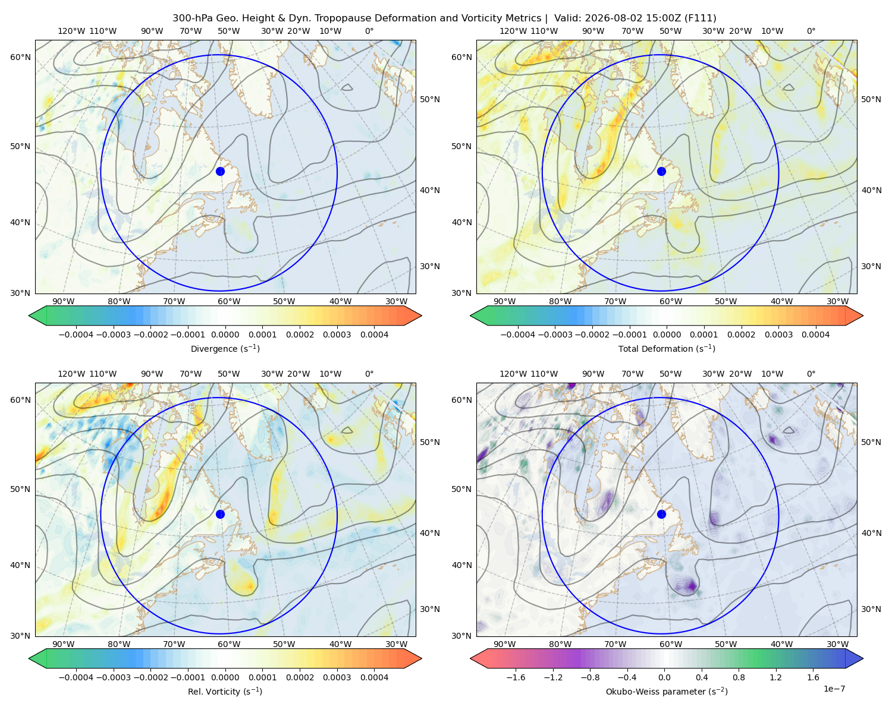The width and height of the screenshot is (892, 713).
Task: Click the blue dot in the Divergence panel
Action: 220,171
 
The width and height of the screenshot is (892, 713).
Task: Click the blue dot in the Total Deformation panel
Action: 661,171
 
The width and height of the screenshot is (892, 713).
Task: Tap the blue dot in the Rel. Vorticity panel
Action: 220,514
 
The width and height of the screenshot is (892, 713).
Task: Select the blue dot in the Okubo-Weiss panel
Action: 661,514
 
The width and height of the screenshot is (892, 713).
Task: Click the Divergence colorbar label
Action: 225,348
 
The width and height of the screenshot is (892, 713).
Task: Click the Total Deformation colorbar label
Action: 667,348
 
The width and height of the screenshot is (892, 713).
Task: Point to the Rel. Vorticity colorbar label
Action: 225,691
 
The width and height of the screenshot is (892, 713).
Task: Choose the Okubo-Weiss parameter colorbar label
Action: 667,691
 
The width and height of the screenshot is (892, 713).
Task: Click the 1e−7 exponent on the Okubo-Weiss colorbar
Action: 834,689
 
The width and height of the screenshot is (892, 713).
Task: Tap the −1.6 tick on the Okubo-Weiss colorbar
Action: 516,677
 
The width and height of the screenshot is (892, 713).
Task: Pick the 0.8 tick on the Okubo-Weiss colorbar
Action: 739,677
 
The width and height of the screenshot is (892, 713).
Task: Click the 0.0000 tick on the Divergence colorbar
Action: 225,335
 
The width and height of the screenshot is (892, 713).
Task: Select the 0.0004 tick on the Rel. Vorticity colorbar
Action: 374,677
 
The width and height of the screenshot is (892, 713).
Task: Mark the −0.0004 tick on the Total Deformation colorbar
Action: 518,335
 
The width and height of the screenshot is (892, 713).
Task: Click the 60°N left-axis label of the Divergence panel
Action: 20,57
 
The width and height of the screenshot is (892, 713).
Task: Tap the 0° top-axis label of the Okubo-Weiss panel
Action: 811,374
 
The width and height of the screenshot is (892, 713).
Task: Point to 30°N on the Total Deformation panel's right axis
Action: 871,266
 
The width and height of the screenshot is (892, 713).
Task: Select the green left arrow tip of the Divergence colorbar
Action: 29,316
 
